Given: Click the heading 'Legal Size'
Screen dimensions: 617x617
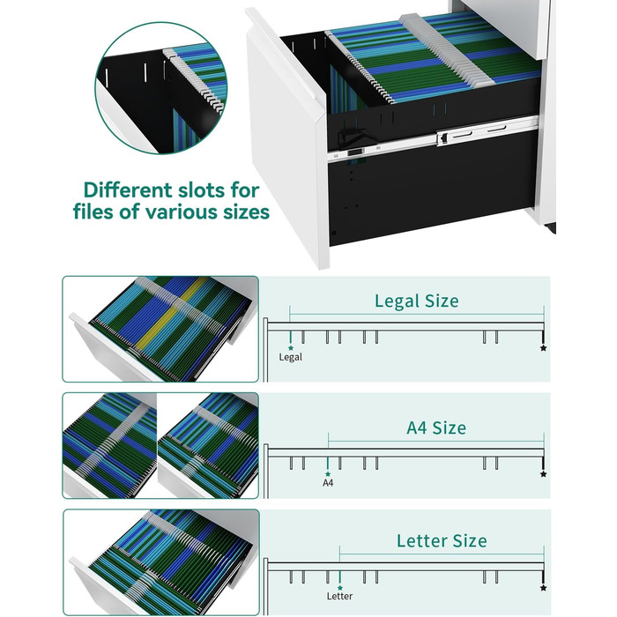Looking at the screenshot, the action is coord(416,301).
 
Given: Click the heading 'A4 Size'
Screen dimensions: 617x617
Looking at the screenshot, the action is coord(436,428).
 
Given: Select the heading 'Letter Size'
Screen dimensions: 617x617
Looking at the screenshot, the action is coord(442,541).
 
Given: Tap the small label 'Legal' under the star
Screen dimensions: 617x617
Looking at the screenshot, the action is coord(290,357).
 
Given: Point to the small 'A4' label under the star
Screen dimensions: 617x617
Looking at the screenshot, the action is coord(328,483).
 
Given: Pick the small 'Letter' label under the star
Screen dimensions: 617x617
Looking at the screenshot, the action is coord(339,596).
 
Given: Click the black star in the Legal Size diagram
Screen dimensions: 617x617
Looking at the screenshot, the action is coord(544,348).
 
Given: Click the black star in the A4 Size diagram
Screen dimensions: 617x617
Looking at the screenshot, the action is coord(544,474).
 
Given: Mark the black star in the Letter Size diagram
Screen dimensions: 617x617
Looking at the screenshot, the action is coord(544,588).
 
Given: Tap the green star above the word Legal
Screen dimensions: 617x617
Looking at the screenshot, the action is coord(291,348).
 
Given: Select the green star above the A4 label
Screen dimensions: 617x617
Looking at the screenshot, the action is coord(328,474).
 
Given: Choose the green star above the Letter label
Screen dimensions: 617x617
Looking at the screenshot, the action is coord(339,588).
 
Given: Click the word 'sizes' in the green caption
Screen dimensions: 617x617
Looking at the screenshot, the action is coord(246,212).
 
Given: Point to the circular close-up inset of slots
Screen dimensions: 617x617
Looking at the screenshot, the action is coord(161,88).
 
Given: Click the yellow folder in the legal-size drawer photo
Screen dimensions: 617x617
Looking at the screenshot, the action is coord(169,315).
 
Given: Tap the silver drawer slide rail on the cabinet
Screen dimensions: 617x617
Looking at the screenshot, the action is coord(433,137).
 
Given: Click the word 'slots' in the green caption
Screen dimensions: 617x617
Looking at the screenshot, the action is coord(201,190).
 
